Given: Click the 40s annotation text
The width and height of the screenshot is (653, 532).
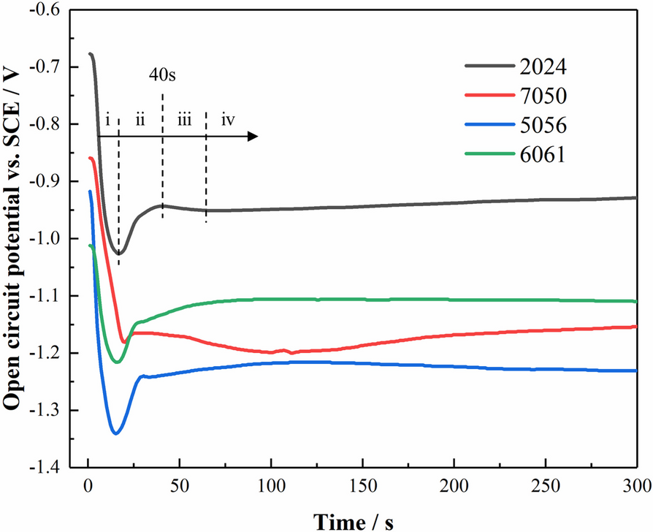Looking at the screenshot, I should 163,75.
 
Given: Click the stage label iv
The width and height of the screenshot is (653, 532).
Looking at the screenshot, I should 228,120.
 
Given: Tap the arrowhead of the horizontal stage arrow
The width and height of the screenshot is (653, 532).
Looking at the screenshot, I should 253,136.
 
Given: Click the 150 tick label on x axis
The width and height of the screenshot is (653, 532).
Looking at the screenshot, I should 362,485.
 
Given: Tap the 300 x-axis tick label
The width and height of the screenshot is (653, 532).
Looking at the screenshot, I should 636,485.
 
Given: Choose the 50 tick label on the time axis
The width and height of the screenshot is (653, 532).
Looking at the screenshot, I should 180,485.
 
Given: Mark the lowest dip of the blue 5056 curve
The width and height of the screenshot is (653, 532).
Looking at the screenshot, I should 115,433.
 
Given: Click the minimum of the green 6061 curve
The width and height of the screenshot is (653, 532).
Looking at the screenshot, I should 116,362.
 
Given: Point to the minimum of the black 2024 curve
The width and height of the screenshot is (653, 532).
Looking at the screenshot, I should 119,253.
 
